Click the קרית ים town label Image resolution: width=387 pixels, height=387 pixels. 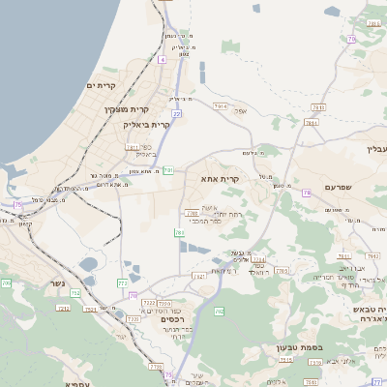pos(101,86)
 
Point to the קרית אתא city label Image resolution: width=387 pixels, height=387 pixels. pos(220,180)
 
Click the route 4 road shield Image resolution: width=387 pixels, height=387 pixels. pos(163,60)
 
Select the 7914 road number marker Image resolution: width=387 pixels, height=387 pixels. pos(221,105)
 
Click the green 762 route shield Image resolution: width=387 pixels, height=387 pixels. pos(220,311)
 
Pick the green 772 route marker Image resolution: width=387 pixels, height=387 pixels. pos(122,283)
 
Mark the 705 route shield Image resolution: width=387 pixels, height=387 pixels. pos(6,283)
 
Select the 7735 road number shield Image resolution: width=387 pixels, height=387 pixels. pos(156,366)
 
